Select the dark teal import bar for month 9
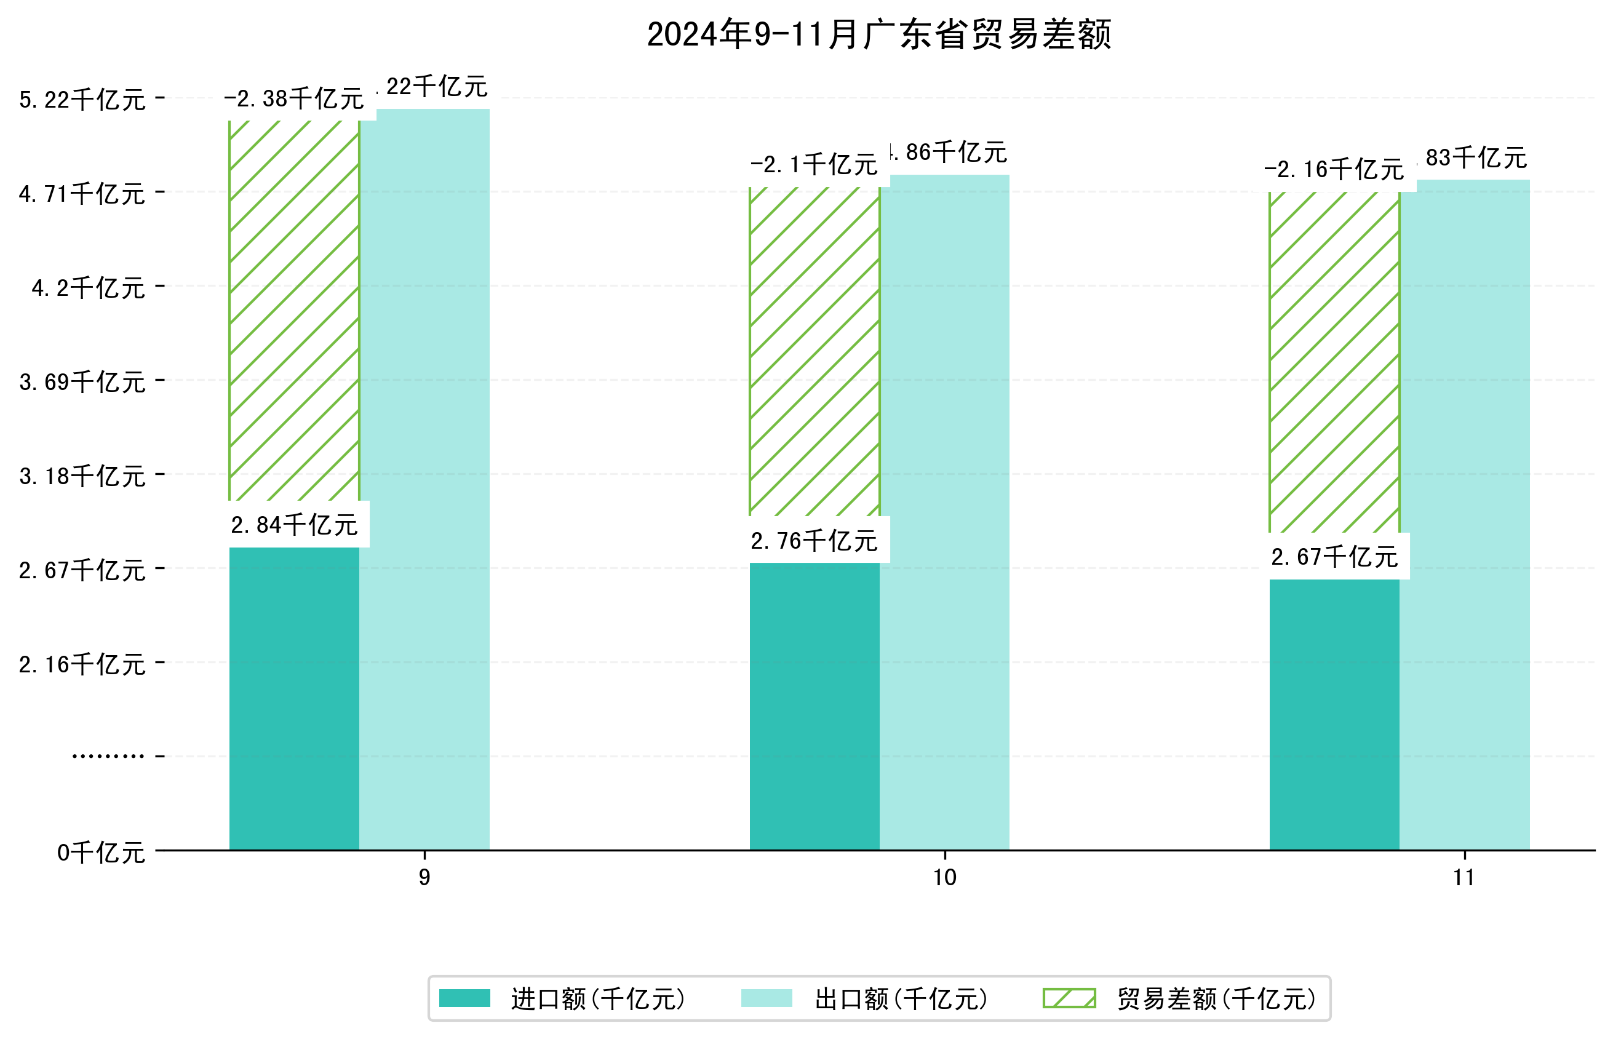coord(294,698)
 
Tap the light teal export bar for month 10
coord(944,513)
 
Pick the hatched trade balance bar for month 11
coord(1334,362)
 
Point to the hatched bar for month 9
coord(294,311)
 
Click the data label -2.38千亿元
coord(294,99)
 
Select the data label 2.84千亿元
coord(294,525)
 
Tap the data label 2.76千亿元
coord(814,540)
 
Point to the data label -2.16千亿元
coord(1334,169)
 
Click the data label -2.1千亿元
coord(814,165)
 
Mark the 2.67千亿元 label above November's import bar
coord(1334,557)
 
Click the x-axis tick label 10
coord(944,878)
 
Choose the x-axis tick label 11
coord(1464,878)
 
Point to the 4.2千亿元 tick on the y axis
coord(89,288)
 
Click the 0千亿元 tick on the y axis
coord(101,853)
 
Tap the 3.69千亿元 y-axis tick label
coord(82,382)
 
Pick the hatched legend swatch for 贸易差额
coord(1069,998)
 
